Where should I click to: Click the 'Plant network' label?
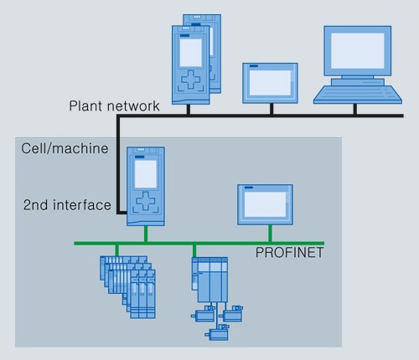coord(114,106)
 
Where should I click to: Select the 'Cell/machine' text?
coord(65,148)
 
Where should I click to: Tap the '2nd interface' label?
coord(67,205)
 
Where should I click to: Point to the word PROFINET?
coord(289,253)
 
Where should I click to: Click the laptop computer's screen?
coord(358,50)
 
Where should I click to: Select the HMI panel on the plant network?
coord(270,83)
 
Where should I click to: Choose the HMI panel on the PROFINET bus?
coord(265,204)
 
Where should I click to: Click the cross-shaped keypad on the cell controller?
coord(145,201)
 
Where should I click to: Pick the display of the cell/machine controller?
coord(146,174)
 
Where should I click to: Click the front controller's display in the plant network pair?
coord(191,53)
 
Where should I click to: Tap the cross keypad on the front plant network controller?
coord(191,80)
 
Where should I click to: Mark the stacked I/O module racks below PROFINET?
coord(127,287)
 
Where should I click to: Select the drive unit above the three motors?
coord(209,280)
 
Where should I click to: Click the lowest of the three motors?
coord(217,332)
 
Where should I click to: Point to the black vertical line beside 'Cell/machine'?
coord(118,165)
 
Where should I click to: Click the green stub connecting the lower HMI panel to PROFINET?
coord(270,234)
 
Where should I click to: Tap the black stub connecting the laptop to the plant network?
coord(354,109)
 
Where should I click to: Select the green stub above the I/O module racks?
coord(116,250)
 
